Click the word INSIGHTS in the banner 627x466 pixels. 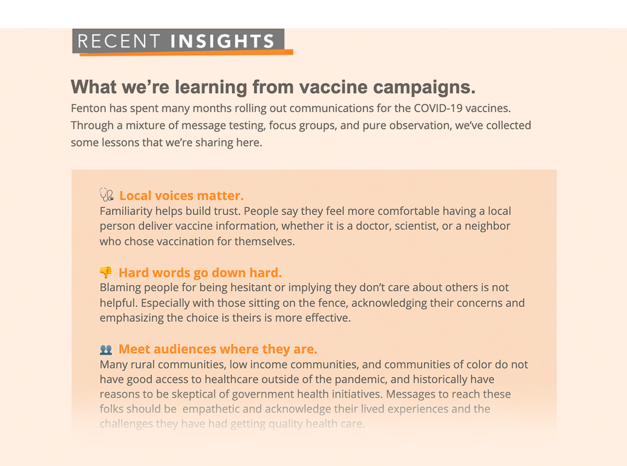222,41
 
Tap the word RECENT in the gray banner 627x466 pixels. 119,41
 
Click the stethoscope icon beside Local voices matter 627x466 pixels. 107,194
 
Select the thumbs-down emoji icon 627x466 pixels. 106,272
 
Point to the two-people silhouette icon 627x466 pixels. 106,350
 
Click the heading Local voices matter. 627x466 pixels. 181,196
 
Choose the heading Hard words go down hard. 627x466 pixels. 200,273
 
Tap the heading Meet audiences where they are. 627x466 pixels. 218,349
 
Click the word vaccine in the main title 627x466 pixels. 333,87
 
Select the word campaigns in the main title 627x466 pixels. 424,88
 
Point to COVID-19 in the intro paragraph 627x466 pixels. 438,108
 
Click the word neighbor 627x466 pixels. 487,226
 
